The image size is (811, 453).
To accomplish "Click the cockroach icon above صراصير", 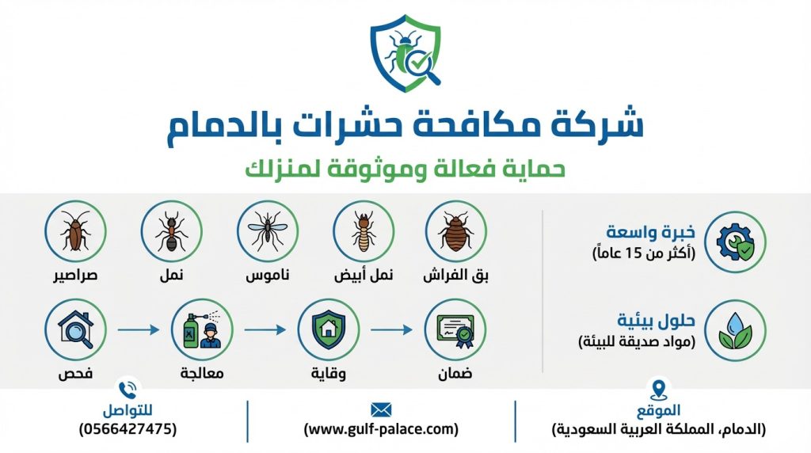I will (75, 231).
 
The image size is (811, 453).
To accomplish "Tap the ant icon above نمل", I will (171, 231).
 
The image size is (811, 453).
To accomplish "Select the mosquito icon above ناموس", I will (267, 231).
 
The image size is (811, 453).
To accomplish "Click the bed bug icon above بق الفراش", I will (455, 231).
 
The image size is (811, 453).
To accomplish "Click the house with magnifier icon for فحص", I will (75, 329).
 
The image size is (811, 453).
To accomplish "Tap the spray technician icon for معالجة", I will (202, 329).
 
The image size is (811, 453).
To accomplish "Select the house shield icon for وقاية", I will (328, 329).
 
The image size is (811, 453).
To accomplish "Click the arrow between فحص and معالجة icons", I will (139, 329).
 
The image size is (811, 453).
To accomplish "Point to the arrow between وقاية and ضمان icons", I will (391, 329).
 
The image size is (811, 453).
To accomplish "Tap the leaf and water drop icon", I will (736, 330).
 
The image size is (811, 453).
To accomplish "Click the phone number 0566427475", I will (128, 429).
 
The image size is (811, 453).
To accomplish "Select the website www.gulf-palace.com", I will (381, 429).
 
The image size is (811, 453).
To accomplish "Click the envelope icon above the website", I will (381, 409).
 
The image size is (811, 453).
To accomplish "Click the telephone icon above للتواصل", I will (127, 390).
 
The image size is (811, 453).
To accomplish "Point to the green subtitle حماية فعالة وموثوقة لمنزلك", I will (405, 169).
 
